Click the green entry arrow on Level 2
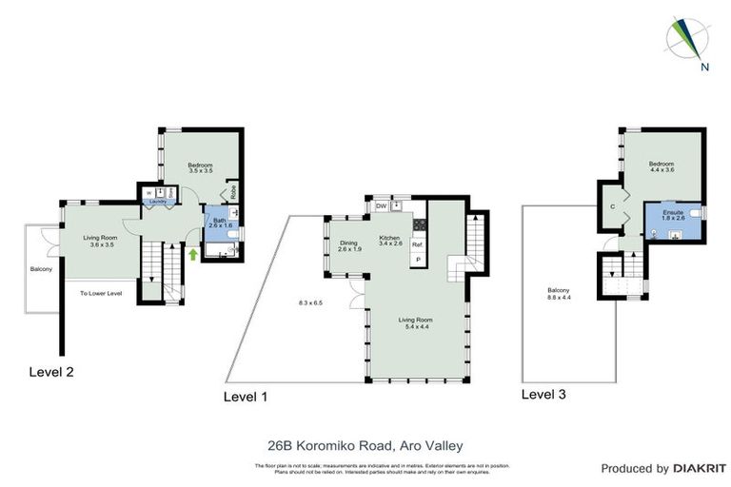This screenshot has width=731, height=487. coord(194,254)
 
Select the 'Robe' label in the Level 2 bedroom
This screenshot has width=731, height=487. coord(232,189)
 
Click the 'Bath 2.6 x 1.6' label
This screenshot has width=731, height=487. coord(219,224)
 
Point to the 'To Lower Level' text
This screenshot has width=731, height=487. coord(101,293)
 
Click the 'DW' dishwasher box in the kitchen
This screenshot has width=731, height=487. coord(381,205)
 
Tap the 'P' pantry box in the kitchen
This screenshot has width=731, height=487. coord(417,259)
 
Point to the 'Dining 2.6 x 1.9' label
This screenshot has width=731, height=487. coord(349,245)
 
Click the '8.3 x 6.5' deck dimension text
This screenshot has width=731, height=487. coord(310,302)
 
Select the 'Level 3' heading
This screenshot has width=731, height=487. coord(547,393)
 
